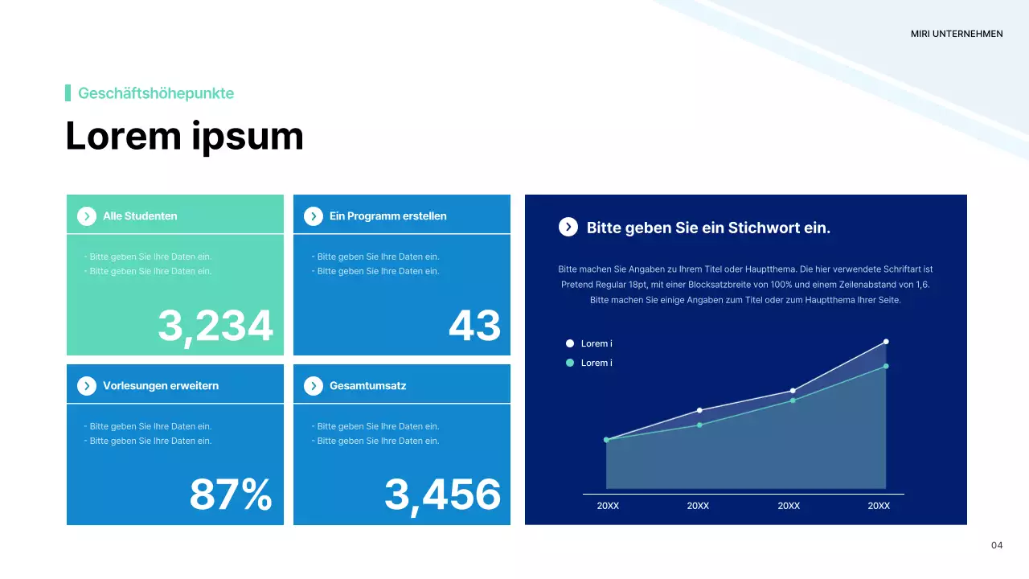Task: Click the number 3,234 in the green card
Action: [215, 326]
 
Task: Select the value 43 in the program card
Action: [474, 326]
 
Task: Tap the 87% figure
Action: [231, 495]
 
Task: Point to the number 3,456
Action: [442, 495]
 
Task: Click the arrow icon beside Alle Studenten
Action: [87, 216]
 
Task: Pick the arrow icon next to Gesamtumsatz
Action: [314, 386]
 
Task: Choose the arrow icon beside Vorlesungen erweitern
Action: [87, 386]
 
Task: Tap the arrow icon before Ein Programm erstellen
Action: [314, 216]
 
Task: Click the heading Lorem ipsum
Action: [184, 136]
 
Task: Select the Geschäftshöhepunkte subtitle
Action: [156, 93]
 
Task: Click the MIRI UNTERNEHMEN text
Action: [957, 34]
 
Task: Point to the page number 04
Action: [997, 545]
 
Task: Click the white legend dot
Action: [570, 343]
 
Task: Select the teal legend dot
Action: [570, 363]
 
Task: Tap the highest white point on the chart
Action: [886, 342]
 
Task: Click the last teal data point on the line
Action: [886, 366]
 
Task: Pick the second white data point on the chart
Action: [699, 410]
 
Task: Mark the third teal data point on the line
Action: [793, 400]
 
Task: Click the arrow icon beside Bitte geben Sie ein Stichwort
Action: [568, 227]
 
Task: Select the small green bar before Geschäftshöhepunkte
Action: [68, 93]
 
